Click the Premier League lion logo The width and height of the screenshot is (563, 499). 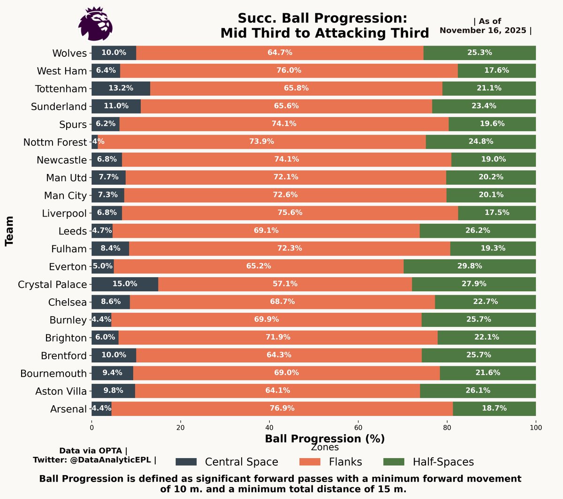point(96,24)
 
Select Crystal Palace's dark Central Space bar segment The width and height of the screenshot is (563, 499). point(124,284)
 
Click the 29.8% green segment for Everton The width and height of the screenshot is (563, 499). point(470,266)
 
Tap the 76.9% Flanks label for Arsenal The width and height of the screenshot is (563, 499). point(282,408)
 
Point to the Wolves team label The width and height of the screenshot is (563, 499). point(69,53)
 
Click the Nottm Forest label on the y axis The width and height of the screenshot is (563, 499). point(55,142)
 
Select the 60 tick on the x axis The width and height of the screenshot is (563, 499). point(358,428)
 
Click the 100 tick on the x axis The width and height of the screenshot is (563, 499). point(536,428)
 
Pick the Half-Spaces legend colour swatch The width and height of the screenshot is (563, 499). point(394,462)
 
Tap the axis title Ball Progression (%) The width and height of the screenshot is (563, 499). point(325,439)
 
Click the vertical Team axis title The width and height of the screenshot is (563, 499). point(9,231)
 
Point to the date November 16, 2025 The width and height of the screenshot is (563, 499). point(483,30)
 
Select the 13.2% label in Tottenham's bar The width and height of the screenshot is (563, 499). point(121,88)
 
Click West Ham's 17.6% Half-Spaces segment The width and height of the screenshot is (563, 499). point(496,71)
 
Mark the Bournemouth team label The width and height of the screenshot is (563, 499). point(53,374)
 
